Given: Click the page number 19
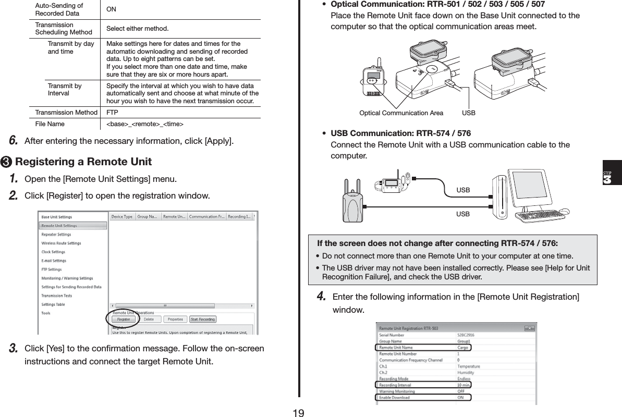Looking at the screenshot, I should tap(298, 413).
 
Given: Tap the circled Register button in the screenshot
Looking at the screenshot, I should tap(124, 319).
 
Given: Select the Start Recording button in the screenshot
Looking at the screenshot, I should tap(203, 319).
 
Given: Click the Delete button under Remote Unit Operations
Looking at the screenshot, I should tap(149, 319).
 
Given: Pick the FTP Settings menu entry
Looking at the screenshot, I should tap(52, 269).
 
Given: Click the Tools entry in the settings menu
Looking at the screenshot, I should tap(46, 313).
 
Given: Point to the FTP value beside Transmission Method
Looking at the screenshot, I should tap(112, 113).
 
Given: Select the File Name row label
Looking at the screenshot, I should tap(50, 124).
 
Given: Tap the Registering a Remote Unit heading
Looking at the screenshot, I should tap(83, 161).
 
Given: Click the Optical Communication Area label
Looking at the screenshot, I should tap(401, 113).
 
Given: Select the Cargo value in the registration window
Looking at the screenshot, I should tap(462, 347).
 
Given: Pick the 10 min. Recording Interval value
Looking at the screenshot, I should tap(464, 385).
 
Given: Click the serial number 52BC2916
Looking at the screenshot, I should tap(466, 335).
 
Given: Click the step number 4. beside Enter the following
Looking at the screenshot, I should tap(322, 297).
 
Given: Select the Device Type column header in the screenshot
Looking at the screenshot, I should tap(122, 217).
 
